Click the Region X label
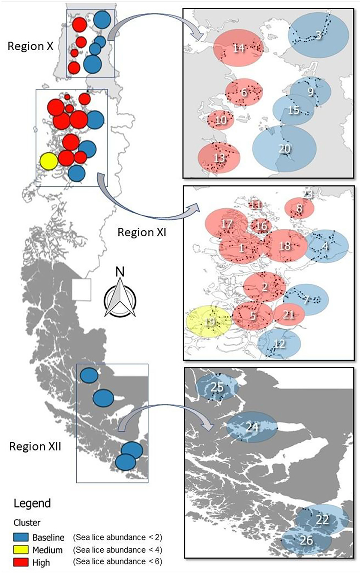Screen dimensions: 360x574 click(30, 46)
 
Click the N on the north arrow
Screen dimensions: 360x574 click(120, 271)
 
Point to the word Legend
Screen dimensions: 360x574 click(32, 503)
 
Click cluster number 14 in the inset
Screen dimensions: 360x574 click(239, 48)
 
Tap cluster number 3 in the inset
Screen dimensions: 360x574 click(318, 36)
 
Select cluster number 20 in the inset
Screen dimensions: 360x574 click(285, 148)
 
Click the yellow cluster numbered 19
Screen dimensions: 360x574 click(210, 322)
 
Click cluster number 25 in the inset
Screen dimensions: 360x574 click(217, 387)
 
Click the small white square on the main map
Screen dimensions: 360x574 click(81, 289)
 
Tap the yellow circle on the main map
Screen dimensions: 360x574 click(48, 161)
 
